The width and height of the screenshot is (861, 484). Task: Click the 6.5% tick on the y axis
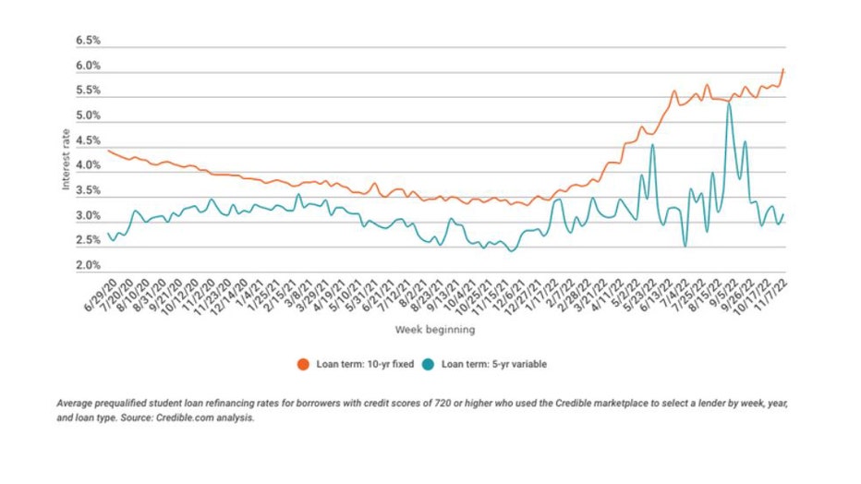87,42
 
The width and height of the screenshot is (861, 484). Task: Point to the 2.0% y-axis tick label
87,266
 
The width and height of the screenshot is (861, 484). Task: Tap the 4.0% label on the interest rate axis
87,166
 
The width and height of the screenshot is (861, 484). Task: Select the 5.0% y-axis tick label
87,116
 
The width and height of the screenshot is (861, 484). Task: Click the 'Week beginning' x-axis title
435,329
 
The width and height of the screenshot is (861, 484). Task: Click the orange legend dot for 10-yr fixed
302,364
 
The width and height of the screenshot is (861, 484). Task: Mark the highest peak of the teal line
729,104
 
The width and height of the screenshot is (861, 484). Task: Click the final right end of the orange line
783,69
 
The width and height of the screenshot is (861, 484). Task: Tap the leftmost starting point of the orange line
108,151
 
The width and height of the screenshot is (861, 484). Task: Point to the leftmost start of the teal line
108,234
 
